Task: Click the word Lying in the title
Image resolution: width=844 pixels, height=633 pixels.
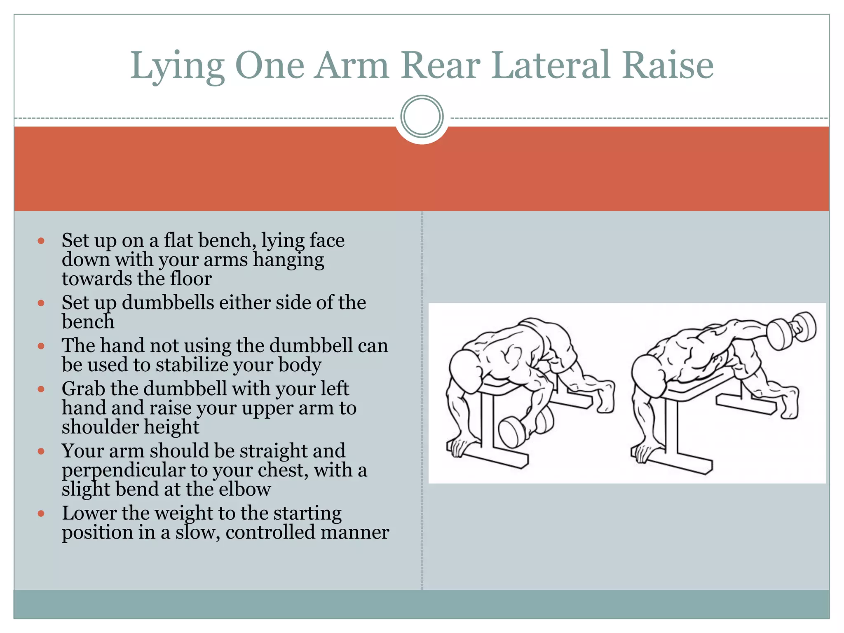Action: click(177, 66)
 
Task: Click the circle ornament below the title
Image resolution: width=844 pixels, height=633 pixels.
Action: click(422, 116)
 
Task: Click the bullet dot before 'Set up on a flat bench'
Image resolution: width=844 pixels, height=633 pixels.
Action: click(41, 241)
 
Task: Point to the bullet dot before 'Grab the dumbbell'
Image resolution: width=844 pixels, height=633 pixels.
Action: click(41, 389)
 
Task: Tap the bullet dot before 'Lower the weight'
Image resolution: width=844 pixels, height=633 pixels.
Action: click(41, 513)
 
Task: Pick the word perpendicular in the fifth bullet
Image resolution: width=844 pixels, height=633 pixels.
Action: click(124, 471)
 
